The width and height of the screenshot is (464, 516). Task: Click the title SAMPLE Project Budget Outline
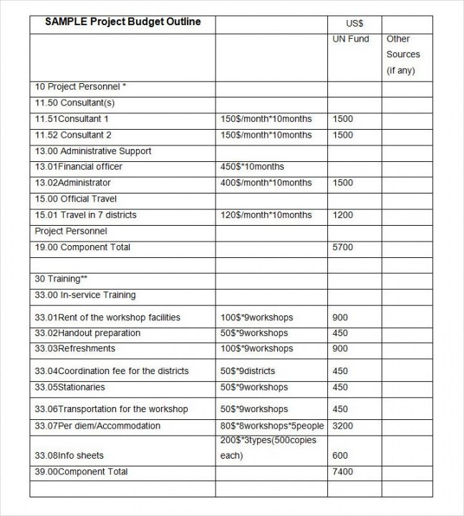pyautogui.click(x=122, y=22)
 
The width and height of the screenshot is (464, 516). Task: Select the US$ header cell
pyautogui.click(x=354, y=23)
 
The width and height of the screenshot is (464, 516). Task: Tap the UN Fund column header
pyautogui.click(x=351, y=39)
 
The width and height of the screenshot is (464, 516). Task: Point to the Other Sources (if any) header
pyautogui.click(x=403, y=54)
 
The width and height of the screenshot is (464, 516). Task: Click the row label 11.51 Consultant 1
pyautogui.click(x=72, y=119)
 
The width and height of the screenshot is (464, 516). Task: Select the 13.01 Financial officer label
pyautogui.click(x=79, y=166)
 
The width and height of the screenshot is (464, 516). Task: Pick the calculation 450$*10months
pyautogui.click(x=252, y=166)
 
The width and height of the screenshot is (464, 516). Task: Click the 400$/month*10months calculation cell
pyautogui.click(x=266, y=183)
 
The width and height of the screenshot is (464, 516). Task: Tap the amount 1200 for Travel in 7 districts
pyautogui.click(x=343, y=215)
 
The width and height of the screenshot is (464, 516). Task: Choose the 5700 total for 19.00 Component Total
pyautogui.click(x=343, y=247)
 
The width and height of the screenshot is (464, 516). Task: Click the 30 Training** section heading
pyautogui.click(x=61, y=279)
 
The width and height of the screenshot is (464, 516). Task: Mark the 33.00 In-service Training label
pyautogui.click(x=85, y=295)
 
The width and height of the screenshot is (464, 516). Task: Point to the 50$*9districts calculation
pyautogui.click(x=248, y=371)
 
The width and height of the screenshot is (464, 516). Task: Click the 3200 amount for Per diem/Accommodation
pyautogui.click(x=343, y=426)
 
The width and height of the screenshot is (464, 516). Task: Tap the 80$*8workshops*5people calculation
pyautogui.click(x=272, y=426)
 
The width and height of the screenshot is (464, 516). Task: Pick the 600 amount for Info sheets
pyautogui.click(x=340, y=456)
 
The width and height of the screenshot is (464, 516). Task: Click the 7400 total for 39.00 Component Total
pyautogui.click(x=343, y=472)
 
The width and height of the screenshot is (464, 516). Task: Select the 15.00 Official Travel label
pyautogui.click(x=76, y=199)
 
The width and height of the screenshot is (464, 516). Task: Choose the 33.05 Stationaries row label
pyautogui.click(x=70, y=387)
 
